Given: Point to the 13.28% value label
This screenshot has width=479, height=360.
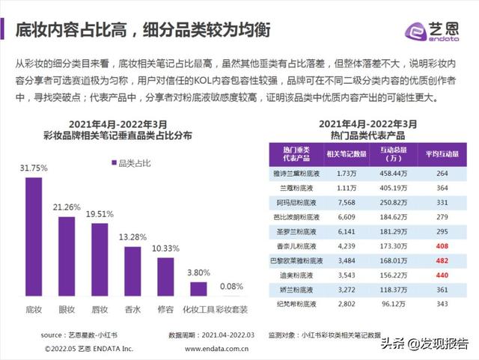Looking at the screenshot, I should click(132, 237).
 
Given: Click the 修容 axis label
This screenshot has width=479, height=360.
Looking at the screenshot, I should click(165, 308).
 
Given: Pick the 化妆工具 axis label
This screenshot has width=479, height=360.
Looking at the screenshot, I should click(198, 308).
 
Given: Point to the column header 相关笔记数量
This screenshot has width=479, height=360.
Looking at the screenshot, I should click(346, 154).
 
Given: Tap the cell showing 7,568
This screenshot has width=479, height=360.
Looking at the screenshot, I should click(346, 202).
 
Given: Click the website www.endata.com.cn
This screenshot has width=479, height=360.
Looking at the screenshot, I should click(217, 349).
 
